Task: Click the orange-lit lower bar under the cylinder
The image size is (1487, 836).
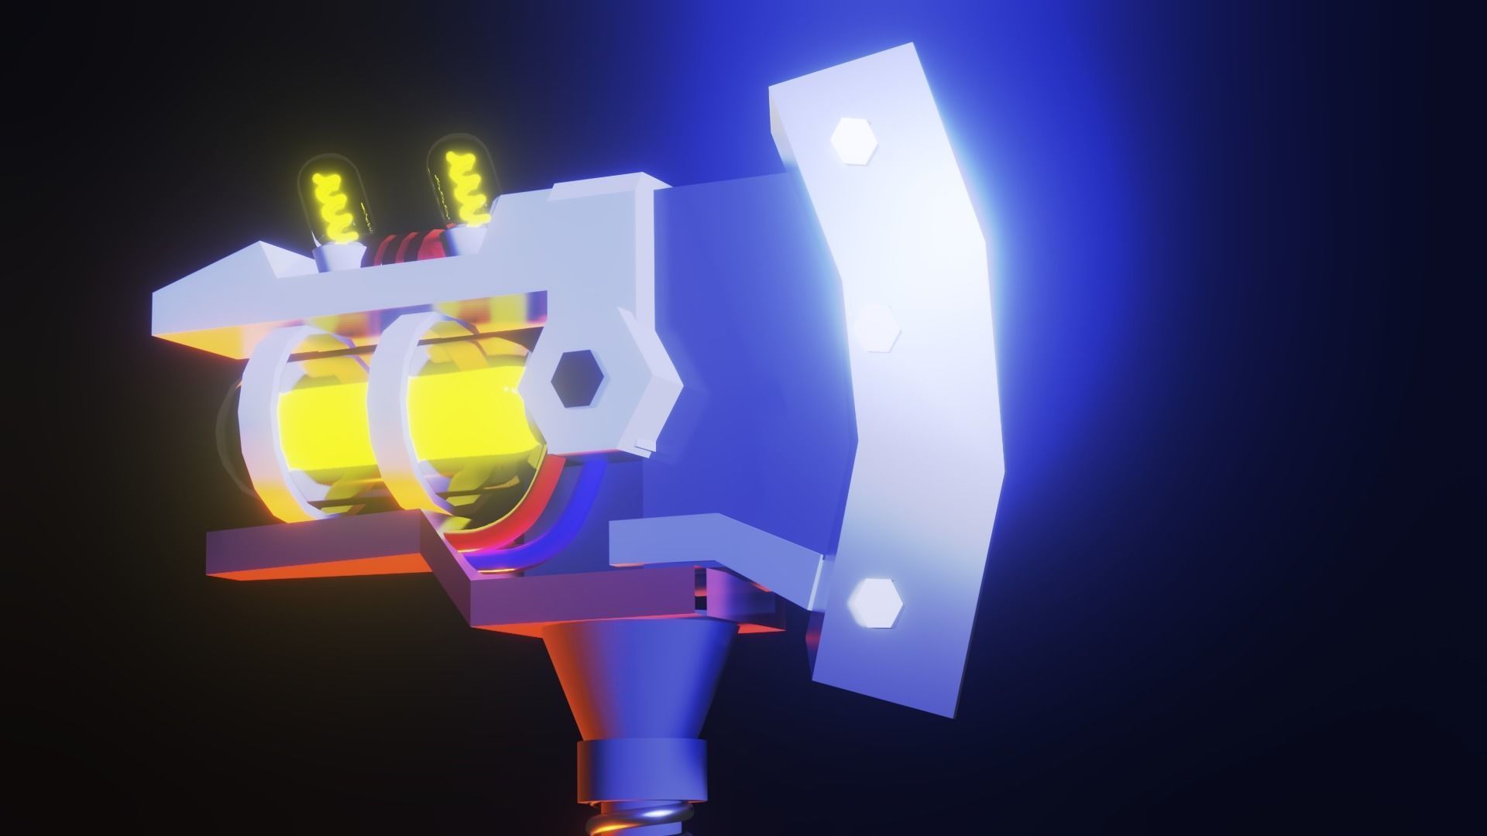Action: pos(310,557)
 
